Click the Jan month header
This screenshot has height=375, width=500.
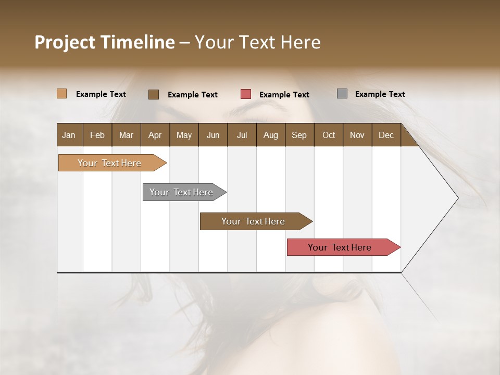[69, 135]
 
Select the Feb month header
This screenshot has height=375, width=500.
[97, 135]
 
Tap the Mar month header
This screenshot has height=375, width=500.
[126, 135]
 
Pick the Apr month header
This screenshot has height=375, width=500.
[155, 135]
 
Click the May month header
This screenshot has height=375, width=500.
[184, 135]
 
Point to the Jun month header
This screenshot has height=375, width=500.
[213, 135]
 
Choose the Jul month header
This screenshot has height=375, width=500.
[242, 135]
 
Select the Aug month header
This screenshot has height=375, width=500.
[270, 135]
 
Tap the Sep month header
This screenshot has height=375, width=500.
[299, 135]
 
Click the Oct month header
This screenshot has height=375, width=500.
[329, 135]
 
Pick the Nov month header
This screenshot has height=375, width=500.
[357, 135]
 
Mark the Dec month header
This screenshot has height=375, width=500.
[386, 135]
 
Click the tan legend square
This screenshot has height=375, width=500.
[62, 94]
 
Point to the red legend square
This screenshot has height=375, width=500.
[246, 94]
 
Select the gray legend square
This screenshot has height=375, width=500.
[342, 94]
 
